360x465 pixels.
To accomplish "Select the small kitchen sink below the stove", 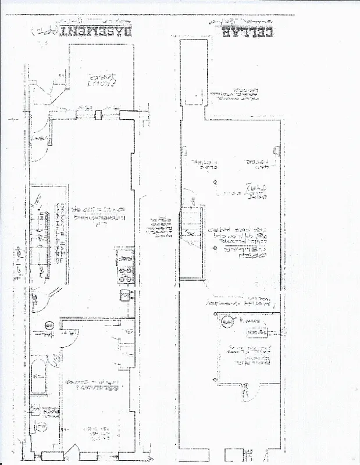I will [124, 296].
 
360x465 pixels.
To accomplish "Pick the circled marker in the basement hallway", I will [49, 325].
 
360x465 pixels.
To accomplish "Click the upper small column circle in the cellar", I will [215, 183].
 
